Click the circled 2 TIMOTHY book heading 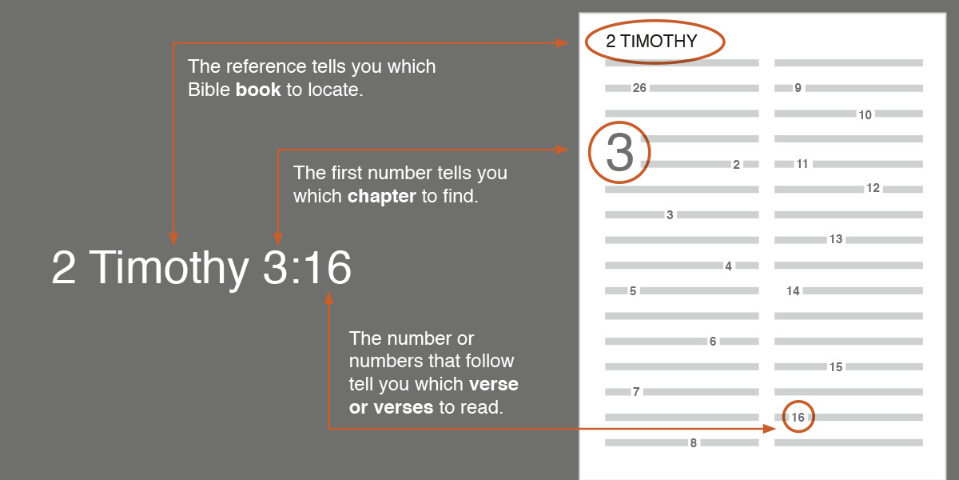(x=652, y=42)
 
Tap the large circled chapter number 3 (x=619, y=153)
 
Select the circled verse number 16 (x=798, y=417)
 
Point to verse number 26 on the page (x=639, y=88)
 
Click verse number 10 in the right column (x=865, y=114)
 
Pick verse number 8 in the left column (x=693, y=442)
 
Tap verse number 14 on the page (x=793, y=291)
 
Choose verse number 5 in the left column (x=633, y=291)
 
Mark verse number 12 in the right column (x=873, y=189)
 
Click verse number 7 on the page (x=636, y=392)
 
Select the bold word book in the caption (x=258, y=90)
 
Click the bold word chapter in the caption (x=382, y=196)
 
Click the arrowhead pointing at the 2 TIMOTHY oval (x=563, y=42)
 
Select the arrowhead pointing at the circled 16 (x=770, y=429)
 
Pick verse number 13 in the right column (x=836, y=239)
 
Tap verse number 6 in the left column (x=713, y=342)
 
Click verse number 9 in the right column (x=798, y=88)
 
